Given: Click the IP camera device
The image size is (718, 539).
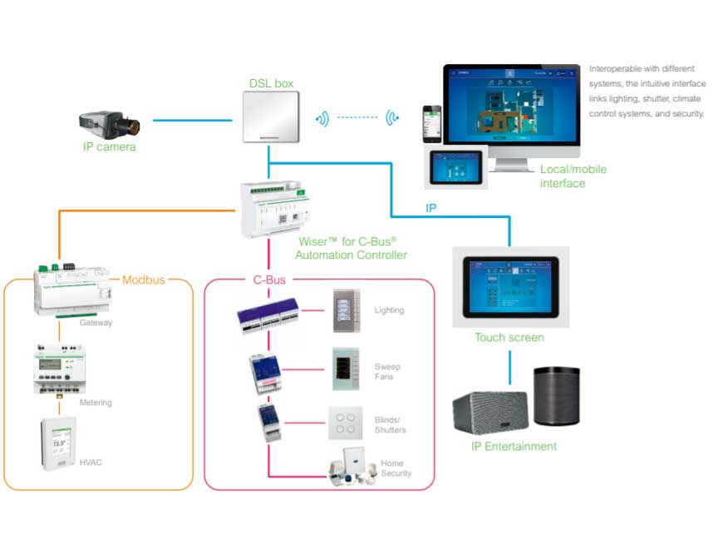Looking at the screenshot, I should click(109, 124).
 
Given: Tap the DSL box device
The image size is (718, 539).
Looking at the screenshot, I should click(271, 117).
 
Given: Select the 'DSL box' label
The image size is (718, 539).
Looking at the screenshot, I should click(271, 83).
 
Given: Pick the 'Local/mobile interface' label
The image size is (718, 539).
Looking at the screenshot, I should click(573, 176).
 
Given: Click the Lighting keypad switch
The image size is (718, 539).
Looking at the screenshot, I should click(344, 311).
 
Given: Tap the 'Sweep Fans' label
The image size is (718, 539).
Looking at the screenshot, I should click(387, 372).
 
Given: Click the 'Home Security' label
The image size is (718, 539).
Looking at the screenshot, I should click(396, 468).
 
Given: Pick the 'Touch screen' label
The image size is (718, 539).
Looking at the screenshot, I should click(509, 338).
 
